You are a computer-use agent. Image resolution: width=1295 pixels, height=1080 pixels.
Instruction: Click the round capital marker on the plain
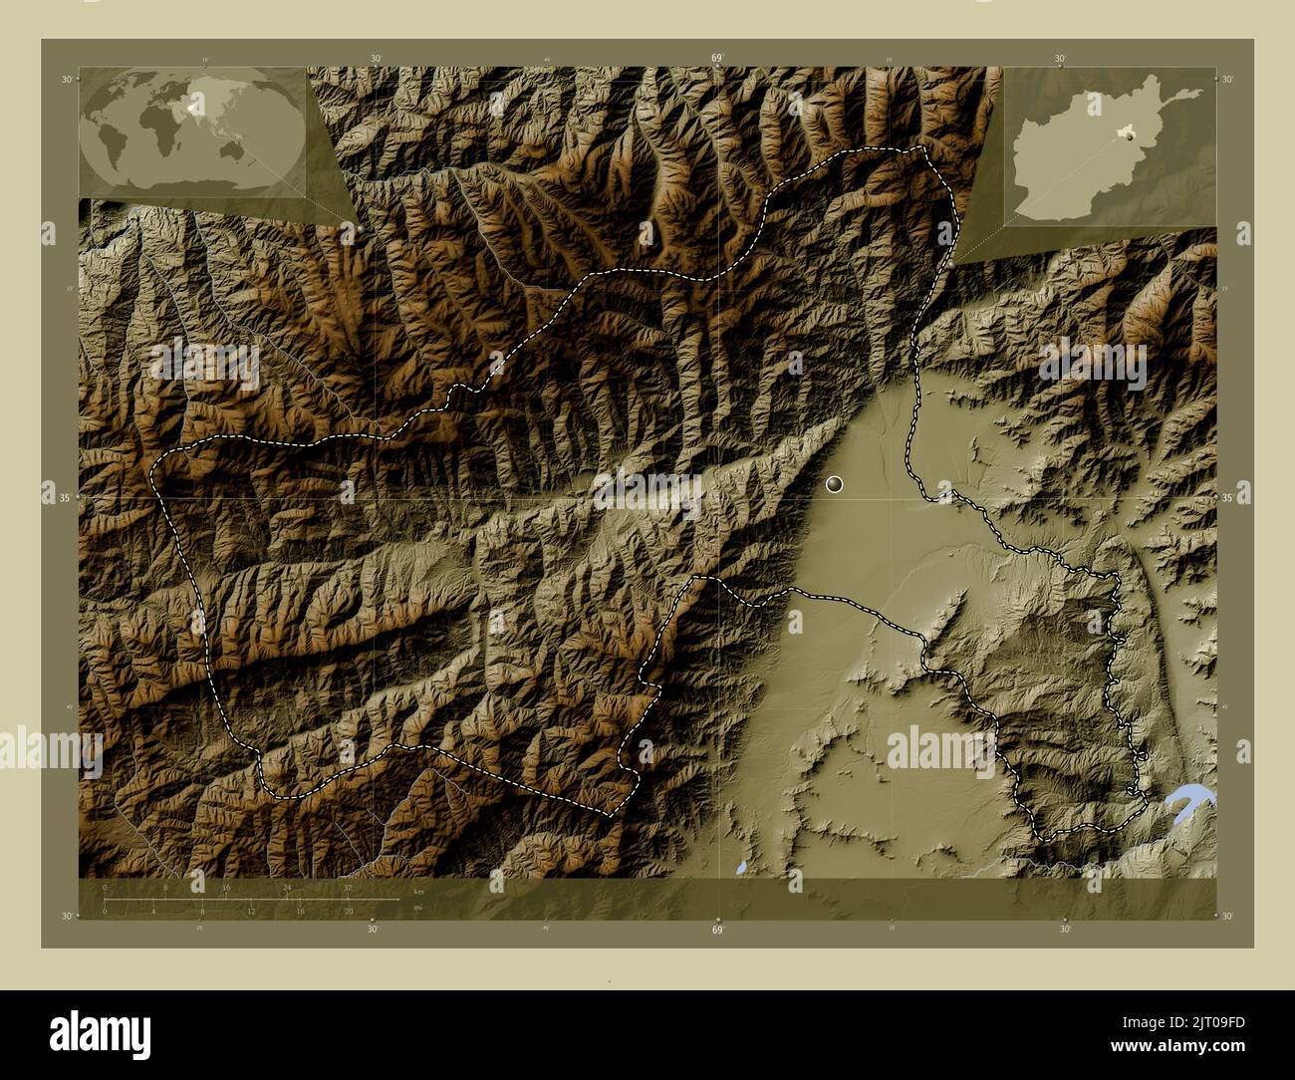coord(835,484)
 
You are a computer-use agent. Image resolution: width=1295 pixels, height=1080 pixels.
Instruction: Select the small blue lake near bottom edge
coord(742,868)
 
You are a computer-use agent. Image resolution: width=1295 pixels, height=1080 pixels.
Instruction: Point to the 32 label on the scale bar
coord(348,887)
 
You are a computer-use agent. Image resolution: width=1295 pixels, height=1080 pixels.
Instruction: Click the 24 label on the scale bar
coord(287,887)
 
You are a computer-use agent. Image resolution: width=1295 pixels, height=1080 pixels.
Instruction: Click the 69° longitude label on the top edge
coord(717,59)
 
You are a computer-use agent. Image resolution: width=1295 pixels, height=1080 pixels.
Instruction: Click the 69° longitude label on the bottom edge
coord(717,929)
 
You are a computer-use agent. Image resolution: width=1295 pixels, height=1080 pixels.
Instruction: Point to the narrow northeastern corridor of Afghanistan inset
coord(1185,96)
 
